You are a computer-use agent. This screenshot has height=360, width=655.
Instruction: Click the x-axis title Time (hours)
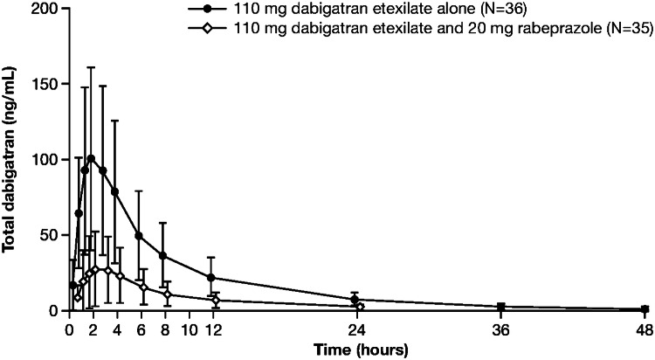click(x=358, y=347)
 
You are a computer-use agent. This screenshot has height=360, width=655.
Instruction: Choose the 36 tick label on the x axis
click(x=500, y=329)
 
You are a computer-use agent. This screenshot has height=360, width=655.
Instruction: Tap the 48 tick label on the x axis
click(x=645, y=329)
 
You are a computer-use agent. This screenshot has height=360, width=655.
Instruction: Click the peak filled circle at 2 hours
click(x=91, y=158)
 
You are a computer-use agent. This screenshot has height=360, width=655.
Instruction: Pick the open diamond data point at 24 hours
click(x=360, y=307)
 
